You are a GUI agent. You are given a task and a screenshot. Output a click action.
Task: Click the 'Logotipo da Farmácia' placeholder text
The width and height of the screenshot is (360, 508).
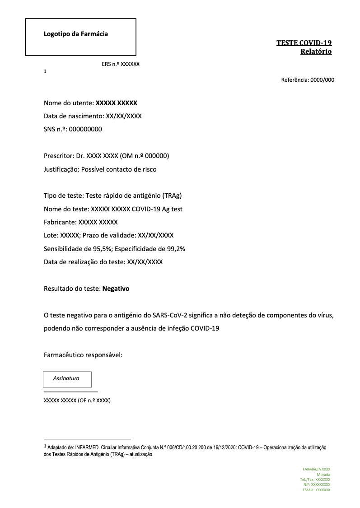(76, 34)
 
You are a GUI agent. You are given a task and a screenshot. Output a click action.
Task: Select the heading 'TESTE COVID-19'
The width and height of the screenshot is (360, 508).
(304, 43)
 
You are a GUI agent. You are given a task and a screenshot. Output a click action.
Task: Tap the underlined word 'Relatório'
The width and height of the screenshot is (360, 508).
(316, 51)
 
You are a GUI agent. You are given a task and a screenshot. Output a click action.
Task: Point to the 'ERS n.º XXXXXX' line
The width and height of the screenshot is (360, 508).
(121, 64)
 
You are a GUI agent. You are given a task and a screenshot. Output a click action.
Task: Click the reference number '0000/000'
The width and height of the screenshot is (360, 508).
(322, 80)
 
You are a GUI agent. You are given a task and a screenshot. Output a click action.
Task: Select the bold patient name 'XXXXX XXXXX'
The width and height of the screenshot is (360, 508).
(117, 103)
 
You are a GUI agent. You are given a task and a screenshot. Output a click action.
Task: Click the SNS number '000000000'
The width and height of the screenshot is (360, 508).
(85, 129)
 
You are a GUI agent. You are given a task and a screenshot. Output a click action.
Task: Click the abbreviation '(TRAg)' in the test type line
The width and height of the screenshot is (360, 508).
(172, 196)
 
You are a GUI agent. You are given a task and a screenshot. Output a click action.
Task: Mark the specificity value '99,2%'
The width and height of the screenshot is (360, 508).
(175, 249)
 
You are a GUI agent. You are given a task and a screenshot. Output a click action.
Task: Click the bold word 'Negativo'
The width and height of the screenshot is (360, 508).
(116, 289)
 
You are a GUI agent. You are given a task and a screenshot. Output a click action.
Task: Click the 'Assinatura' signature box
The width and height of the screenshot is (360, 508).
(67, 379)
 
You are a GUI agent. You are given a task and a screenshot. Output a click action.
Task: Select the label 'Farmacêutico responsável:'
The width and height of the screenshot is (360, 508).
(83, 355)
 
